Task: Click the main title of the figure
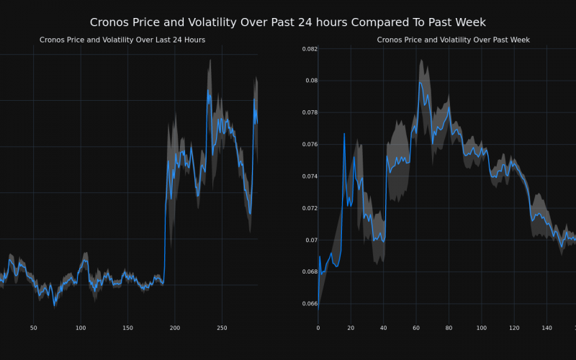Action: [288, 22]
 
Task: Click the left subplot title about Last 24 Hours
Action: [122, 40]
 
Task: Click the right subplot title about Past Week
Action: [454, 40]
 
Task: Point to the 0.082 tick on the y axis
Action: [308, 49]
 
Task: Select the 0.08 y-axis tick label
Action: [310, 81]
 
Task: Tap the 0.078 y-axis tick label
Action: [308, 112]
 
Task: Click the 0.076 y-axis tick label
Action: [308, 145]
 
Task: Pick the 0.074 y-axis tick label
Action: [308, 176]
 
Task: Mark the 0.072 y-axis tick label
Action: [308, 208]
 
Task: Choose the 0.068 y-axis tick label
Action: [308, 271]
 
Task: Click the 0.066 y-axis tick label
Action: [308, 304]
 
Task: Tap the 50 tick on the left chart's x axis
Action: [33, 328]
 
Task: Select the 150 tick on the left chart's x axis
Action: [127, 328]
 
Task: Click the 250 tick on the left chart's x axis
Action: [222, 328]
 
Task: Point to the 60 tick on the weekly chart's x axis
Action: [416, 328]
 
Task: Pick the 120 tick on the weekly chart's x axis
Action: [514, 328]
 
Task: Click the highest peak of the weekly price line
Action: [420, 82]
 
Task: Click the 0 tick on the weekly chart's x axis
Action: [318, 328]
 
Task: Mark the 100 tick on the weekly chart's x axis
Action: [481, 328]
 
